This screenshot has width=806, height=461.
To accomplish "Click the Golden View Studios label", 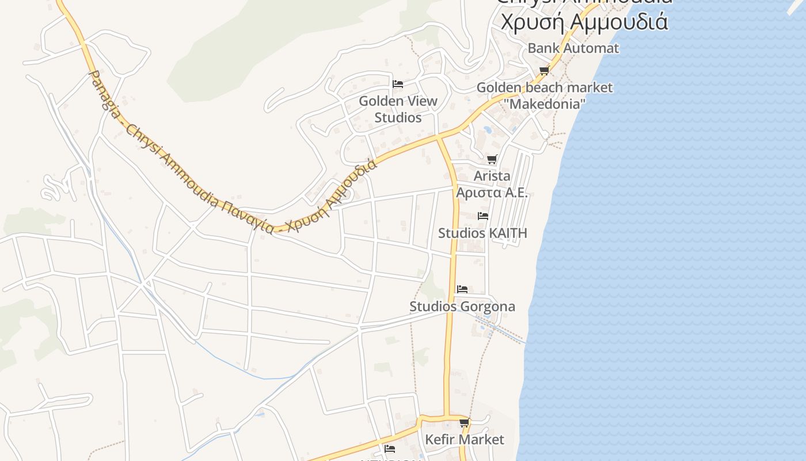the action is coord(398,109).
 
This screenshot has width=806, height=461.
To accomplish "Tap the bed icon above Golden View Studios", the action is coord(397,84).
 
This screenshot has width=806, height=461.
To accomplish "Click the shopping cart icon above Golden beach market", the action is coord(544,70).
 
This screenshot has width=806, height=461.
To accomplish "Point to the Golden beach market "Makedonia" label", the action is coord(545,96).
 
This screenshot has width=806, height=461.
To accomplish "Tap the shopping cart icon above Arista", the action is coord(492,160).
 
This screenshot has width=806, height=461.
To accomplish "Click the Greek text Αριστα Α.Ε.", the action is coord(492,192).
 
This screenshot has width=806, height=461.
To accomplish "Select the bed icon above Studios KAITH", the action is coord(483,216).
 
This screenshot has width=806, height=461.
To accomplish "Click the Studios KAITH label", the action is coord(482,233).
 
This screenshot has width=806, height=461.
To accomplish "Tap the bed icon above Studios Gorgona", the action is coord(462,289).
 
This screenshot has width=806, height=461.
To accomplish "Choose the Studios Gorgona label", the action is coord(462,307).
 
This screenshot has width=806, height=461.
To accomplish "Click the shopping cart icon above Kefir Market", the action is coord(465,423).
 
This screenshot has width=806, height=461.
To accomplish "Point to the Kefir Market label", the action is coord(464,440).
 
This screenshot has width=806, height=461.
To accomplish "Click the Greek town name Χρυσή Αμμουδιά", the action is coord(584,22).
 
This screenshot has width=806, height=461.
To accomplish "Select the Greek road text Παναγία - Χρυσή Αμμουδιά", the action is coord(299,199).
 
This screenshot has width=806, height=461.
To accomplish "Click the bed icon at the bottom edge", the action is coord(390,448).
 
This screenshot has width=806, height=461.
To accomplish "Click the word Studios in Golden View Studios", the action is coord(398,118).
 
